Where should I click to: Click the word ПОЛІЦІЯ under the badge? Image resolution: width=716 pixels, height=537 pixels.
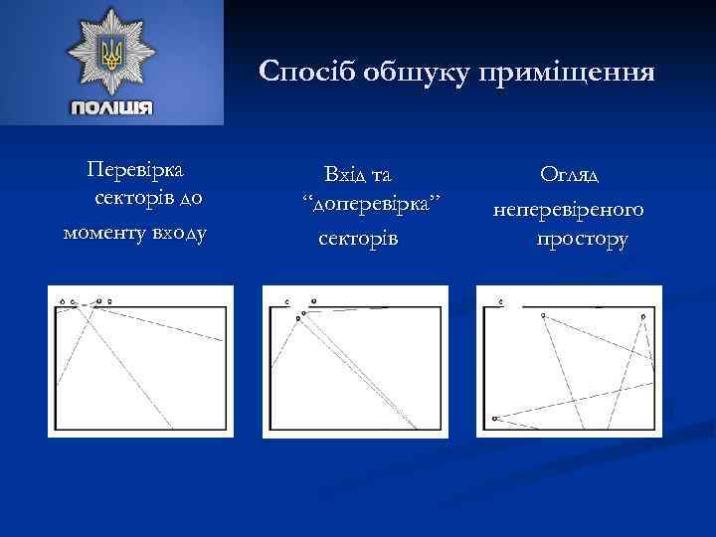pos(111,107)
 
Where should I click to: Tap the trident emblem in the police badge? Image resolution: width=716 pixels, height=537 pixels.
pos(111,52)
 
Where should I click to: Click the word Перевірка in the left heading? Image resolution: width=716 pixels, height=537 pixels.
pos(141,170)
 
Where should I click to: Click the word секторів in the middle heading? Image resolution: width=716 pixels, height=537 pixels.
pos(357,240)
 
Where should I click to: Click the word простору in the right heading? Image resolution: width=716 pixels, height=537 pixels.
pos(582,241)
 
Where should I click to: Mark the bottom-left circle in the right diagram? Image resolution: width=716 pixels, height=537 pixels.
pos(494,419)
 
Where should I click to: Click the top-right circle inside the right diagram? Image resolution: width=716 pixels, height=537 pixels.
pos(643,316)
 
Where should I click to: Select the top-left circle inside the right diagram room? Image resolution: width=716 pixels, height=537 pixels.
pos(543,315)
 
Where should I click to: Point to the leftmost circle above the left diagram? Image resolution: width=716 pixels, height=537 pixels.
pos(62,299)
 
